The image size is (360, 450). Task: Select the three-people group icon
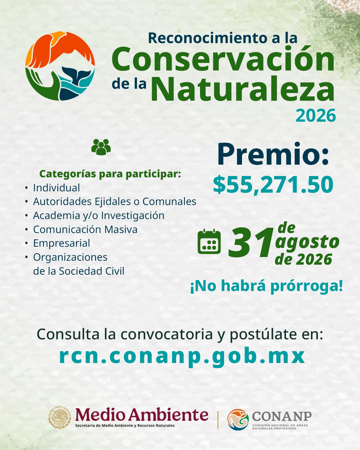pos(101,147)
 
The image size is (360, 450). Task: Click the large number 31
pos(251,242)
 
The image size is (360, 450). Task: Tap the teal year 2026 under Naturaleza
pos(316,115)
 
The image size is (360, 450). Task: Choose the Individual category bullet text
pos(56,188)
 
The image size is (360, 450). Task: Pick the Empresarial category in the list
pos(61,243)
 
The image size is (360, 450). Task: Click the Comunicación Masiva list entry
pos(85,229)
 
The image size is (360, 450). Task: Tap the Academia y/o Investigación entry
pos(99,215)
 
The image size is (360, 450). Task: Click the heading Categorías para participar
pos(110,174)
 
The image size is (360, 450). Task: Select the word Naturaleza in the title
pos(245,89)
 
